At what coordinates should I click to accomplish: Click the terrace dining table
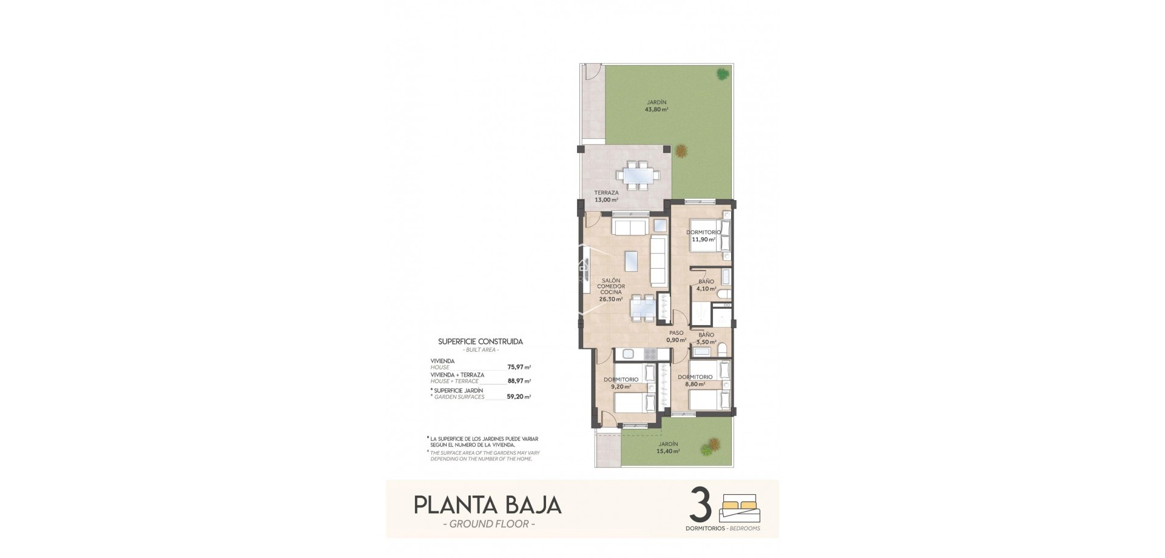(638, 175)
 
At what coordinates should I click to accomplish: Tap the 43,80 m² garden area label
(657, 110)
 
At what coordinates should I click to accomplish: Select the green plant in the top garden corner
(722, 74)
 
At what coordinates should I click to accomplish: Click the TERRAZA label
(606, 193)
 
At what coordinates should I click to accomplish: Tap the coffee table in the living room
(631, 261)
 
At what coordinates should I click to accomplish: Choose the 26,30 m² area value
(611, 299)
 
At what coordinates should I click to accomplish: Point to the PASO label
(676, 333)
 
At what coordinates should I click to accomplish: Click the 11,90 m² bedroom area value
(703, 240)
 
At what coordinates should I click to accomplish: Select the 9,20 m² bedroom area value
(620, 387)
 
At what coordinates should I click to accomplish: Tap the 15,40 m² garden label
(669, 451)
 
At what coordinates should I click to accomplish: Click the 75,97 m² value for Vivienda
(519, 367)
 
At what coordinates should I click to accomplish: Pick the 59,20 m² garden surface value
(519, 397)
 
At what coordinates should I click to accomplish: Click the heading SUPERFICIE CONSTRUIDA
(480, 341)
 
